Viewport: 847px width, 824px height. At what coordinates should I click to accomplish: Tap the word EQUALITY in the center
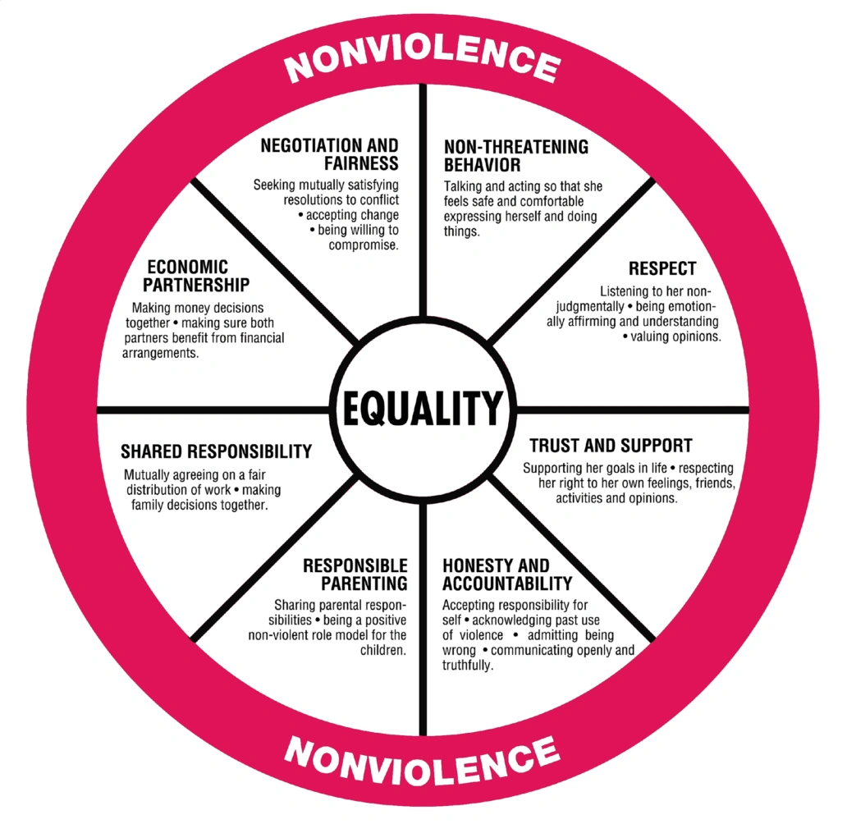[x=422, y=407]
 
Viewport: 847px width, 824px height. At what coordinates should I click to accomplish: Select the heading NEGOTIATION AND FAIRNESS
[x=330, y=154]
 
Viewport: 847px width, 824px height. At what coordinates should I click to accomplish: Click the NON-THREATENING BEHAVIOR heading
[x=515, y=155]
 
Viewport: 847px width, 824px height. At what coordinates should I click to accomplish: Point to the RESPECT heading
[x=662, y=268]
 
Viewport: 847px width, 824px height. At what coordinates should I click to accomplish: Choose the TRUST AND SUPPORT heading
[x=611, y=446]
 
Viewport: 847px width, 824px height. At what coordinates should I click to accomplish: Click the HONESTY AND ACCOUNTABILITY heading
[x=506, y=575]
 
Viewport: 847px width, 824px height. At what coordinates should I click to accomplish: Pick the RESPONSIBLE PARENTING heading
[x=355, y=575]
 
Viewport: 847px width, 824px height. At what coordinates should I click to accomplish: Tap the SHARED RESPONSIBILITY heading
[x=216, y=451]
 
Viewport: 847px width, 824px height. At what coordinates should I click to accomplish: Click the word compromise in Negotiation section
[x=364, y=245]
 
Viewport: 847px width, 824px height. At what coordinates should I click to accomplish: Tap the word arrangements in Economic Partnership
[x=160, y=354]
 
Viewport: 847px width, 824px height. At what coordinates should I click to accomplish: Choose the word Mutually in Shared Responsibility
[x=149, y=474]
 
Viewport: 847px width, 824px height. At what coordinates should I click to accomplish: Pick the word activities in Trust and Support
[x=582, y=498]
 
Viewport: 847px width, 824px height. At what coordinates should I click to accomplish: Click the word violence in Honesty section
[x=479, y=635]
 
